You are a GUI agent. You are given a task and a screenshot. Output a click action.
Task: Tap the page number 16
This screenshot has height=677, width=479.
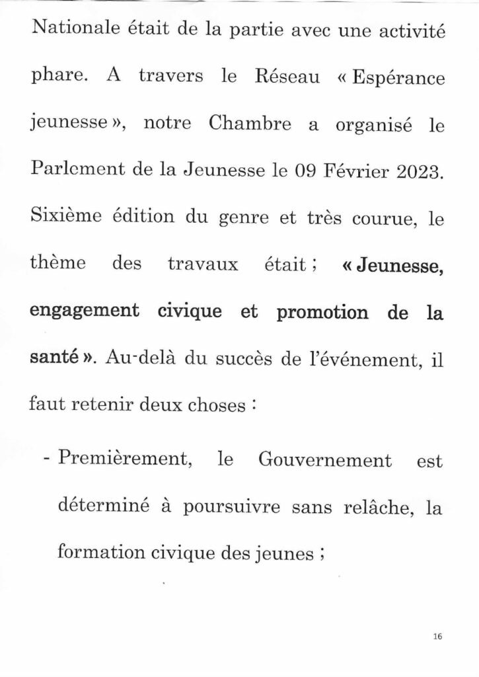click(437, 637)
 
